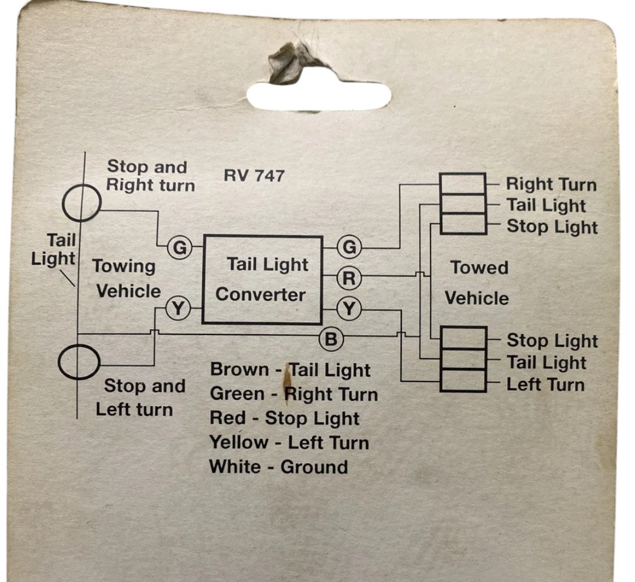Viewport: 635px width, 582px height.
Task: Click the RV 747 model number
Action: point(254,176)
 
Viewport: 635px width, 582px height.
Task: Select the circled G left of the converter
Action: point(179,247)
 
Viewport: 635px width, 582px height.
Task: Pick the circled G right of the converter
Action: point(349,247)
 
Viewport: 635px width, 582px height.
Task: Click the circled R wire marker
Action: point(349,278)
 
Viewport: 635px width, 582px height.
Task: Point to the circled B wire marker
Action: point(331,339)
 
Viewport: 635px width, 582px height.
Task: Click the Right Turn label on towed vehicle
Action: point(551,184)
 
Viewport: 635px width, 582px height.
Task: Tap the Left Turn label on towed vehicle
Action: point(546,384)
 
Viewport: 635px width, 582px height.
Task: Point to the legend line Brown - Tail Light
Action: point(290,370)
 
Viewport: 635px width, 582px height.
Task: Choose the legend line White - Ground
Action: point(279,467)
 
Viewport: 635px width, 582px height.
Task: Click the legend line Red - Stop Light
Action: point(284,418)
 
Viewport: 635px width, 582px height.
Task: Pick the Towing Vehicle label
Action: point(126,279)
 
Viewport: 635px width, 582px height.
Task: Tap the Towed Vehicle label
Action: point(478,283)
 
